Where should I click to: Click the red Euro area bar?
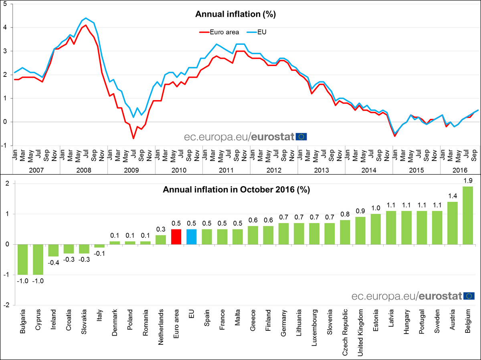pyautogui.click(x=176, y=237)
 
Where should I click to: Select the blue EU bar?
pyautogui.click(x=192, y=237)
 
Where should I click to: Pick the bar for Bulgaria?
pyautogui.click(x=22, y=259)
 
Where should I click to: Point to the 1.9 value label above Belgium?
pyautogui.click(x=468, y=181)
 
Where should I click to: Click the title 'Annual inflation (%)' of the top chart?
pyautogui.click(x=236, y=14)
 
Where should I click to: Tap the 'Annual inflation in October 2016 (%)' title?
pyautogui.click(x=236, y=190)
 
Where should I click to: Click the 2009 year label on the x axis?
pyautogui.click(x=131, y=170)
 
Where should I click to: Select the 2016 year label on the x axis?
pyautogui.click(x=459, y=170)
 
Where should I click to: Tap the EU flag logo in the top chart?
pyautogui.click(x=301, y=137)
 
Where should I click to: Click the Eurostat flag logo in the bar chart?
pyautogui.click(x=469, y=296)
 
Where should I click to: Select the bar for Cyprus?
pyautogui.click(x=38, y=259)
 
